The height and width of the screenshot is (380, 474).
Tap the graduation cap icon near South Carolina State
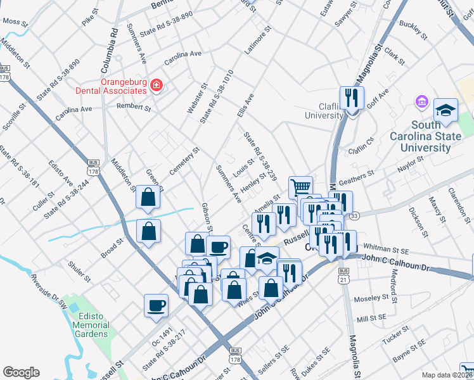point(445,110)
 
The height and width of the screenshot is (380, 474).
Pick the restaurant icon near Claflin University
point(349,98)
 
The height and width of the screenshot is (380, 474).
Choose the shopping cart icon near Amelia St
point(300,187)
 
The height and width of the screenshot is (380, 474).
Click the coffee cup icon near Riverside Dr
point(156,306)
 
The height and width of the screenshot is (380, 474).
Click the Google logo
point(21,372)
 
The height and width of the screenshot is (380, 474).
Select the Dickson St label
point(418,222)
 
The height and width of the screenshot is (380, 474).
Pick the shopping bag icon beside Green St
point(148,198)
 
